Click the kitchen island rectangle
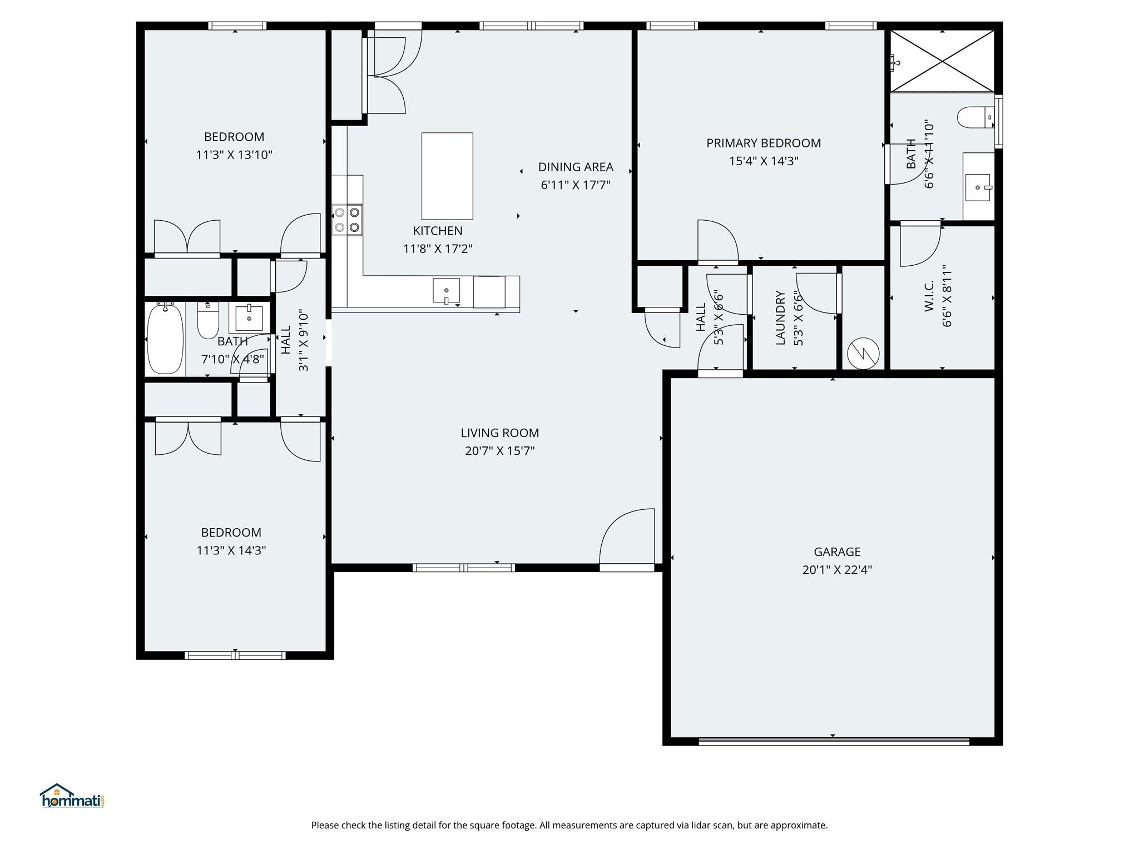pyautogui.click(x=447, y=176)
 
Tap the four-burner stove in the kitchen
pyautogui.click(x=347, y=220)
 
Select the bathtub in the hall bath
pyautogui.click(x=165, y=339)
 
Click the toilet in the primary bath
pyautogui.click(x=975, y=117)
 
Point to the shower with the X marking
pyautogui.click(x=942, y=61)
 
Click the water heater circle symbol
pyautogui.click(x=863, y=354)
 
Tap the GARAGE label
pyautogui.click(x=837, y=552)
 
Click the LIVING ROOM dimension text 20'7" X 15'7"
pyautogui.click(x=499, y=451)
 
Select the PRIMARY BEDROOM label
pyautogui.click(x=763, y=143)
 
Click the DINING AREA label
pyautogui.click(x=576, y=167)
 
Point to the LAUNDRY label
pyautogui.click(x=780, y=318)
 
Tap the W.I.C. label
pyautogui.click(x=929, y=296)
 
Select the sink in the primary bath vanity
pyautogui.click(x=977, y=187)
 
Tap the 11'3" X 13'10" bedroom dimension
pyautogui.click(x=234, y=155)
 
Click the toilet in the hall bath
pyautogui.click(x=208, y=321)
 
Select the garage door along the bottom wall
pyautogui.click(x=833, y=741)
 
